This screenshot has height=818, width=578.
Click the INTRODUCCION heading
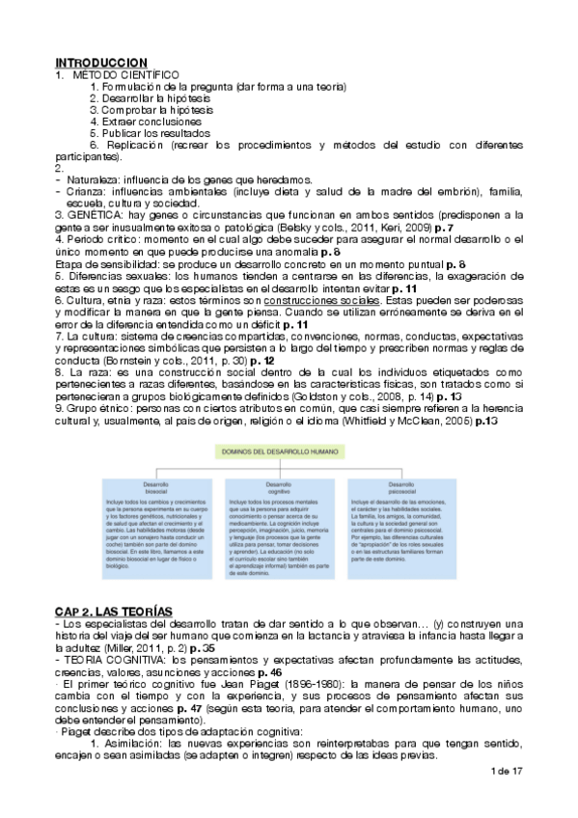pos(100,61)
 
